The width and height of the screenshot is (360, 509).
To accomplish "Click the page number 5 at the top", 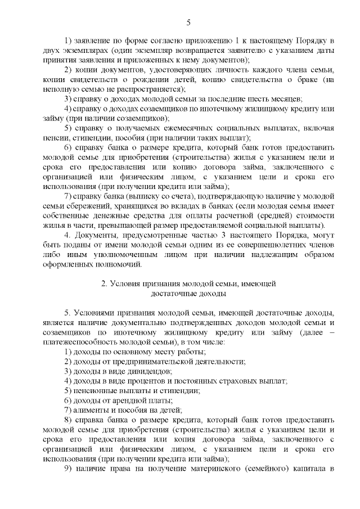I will point(188,22).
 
